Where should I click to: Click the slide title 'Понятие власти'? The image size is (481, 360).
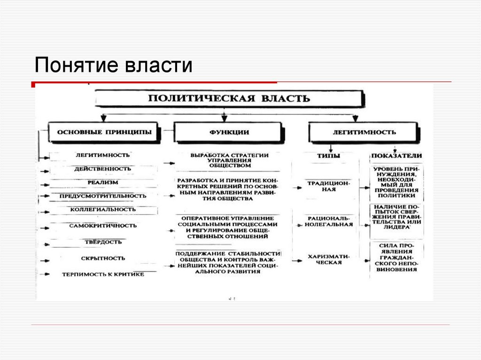(113, 65)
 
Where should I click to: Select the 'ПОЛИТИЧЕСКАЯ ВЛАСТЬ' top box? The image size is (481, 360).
(229, 99)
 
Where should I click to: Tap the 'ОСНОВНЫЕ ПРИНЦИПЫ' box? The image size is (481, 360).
(104, 132)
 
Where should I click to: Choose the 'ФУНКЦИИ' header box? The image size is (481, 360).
(229, 132)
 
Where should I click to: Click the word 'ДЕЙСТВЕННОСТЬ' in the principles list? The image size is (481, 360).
(102, 169)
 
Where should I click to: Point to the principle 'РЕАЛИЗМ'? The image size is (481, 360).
(102, 182)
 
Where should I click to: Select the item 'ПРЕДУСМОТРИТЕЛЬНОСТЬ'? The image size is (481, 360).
(102, 196)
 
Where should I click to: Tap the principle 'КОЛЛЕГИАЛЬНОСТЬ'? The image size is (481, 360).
(102, 209)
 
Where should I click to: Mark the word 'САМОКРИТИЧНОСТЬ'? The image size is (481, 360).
(102, 225)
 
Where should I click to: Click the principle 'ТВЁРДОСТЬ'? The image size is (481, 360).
(102, 242)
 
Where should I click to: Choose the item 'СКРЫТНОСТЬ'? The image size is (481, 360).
(102, 258)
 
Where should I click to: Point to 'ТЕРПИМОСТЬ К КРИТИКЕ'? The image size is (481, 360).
(102, 274)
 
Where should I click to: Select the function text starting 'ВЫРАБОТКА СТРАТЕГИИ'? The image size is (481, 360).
(229, 160)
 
